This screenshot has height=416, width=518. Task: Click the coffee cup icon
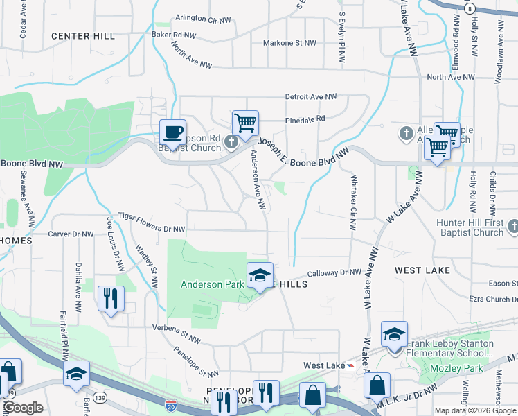(x=172, y=130)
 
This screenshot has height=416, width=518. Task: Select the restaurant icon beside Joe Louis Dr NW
(x=111, y=298)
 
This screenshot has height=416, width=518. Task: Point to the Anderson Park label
(x=212, y=284)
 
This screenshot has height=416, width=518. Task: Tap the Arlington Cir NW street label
(x=203, y=18)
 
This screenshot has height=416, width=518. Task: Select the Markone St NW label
(x=289, y=43)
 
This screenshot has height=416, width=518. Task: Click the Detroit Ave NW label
(x=310, y=97)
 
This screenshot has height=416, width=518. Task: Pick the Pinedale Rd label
(x=305, y=119)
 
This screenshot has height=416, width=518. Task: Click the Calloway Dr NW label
(x=334, y=273)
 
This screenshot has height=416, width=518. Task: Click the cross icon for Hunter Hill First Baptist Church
(x=513, y=227)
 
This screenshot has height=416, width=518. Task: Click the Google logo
(x=22, y=408)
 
